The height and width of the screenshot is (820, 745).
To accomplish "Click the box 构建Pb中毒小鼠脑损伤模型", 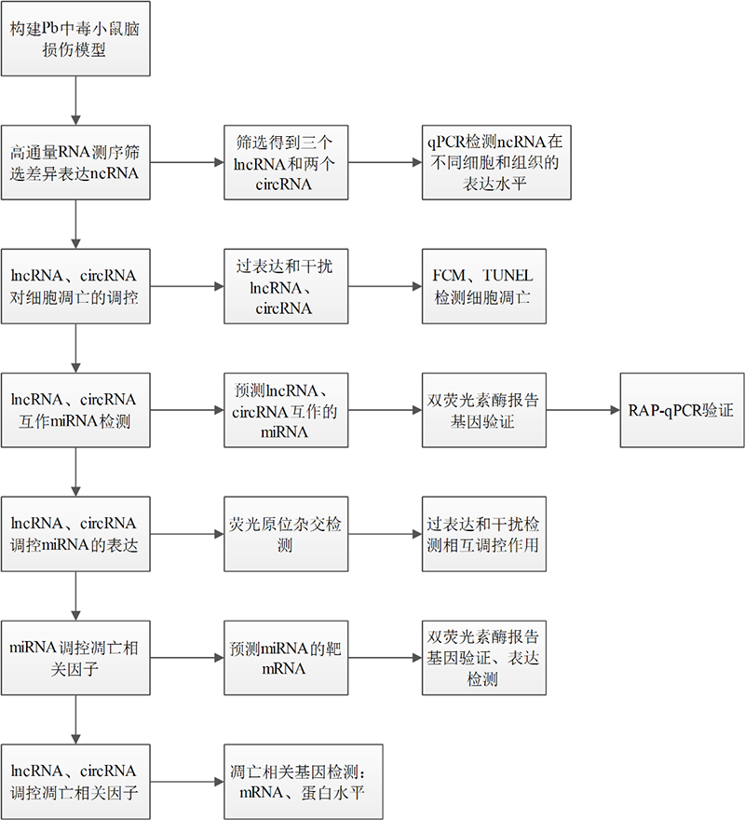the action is click(75, 39).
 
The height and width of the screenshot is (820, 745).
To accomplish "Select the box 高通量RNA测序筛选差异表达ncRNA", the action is click(75, 162).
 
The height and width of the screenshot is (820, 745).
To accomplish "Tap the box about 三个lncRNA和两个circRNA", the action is click(286, 162).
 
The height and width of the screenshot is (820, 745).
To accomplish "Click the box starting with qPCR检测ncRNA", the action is click(496, 162).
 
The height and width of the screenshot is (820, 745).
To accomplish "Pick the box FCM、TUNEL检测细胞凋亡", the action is click(484, 286).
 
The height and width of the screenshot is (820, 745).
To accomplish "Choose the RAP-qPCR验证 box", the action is click(683, 410).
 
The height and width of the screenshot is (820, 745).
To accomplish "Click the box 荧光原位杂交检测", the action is click(286, 534).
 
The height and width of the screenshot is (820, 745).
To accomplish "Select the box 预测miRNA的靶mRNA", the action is click(286, 658).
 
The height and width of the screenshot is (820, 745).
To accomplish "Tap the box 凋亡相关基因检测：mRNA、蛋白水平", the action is click(304, 782).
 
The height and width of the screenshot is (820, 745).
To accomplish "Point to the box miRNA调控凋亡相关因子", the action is click(75, 658).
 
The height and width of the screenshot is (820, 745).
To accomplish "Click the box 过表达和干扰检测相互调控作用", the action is click(484, 534).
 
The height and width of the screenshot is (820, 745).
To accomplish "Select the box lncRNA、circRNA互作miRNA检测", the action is click(75, 410).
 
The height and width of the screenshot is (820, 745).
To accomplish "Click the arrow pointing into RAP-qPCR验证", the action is click(584, 410).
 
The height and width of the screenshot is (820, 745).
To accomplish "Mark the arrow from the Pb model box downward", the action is click(75, 101).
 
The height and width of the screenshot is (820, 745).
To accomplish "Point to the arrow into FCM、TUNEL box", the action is click(386, 286).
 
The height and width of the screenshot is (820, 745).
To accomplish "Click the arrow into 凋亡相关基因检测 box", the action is click(187, 782).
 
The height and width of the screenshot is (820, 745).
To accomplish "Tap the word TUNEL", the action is click(508, 276).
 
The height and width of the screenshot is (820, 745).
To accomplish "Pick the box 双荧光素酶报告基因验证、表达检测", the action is click(484, 658).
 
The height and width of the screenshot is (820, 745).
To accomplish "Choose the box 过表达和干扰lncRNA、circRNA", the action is click(286, 286).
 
